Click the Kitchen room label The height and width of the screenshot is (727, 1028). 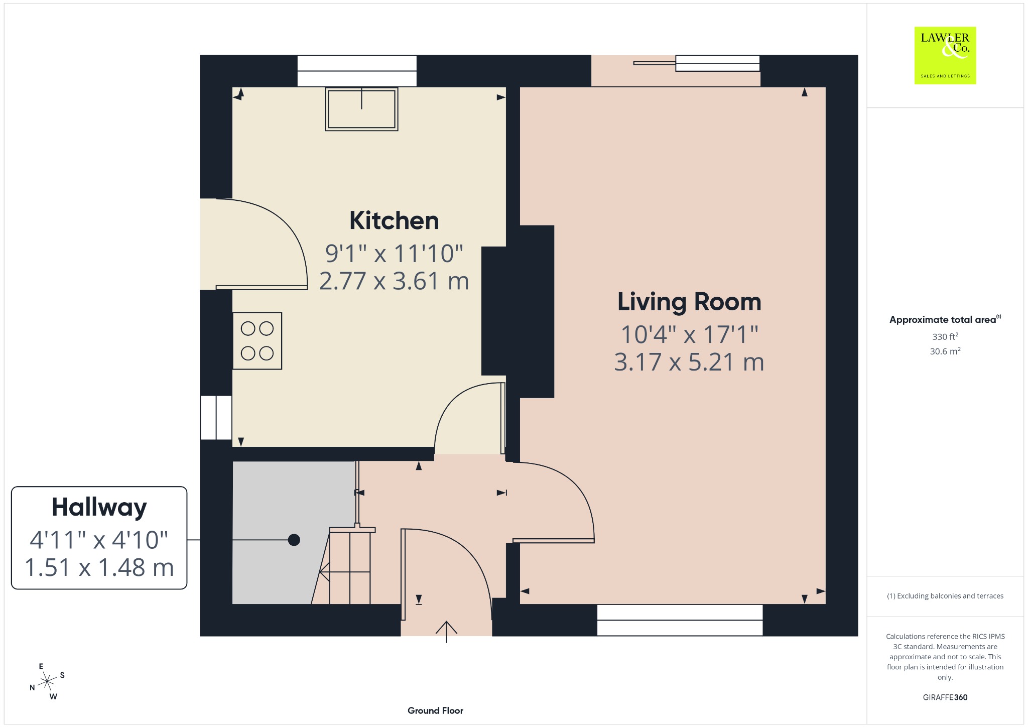tap(394, 220)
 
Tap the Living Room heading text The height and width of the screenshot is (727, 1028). tap(689, 302)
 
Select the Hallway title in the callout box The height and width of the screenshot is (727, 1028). tap(99, 508)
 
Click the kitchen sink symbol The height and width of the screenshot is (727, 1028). tap(361, 109)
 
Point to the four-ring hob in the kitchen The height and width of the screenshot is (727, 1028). tap(257, 341)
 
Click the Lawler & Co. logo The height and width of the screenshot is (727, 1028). tap(945, 55)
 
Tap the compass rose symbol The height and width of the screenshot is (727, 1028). tap(47, 681)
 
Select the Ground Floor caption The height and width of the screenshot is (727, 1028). tap(435, 710)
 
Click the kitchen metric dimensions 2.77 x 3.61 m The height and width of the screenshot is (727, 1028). tap(394, 281)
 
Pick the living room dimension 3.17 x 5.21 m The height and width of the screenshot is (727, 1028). tap(689, 362)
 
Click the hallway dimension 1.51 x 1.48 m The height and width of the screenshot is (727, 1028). tap(99, 568)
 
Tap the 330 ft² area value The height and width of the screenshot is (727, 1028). tap(945, 336)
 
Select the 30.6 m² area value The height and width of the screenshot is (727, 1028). tap(945, 351)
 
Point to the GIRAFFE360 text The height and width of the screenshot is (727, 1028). tap(945, 697)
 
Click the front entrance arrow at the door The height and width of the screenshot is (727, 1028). tap(446, 632)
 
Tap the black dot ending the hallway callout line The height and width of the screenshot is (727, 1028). tap(294, 540)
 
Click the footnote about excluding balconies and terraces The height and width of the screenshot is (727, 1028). tap(945, 596)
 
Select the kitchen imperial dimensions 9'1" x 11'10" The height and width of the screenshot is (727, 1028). tap(394, 253)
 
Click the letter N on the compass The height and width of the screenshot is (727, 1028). tap(32, 687)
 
